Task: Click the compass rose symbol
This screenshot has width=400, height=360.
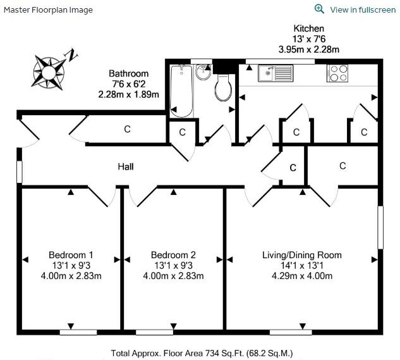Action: pos(49,73)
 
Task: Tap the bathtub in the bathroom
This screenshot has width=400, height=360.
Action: pos(181,91)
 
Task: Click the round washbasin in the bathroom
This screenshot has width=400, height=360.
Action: pos(203,71)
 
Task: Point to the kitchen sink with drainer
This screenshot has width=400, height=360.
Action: pos(276,73)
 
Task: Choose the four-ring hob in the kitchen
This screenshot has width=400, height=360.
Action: pos(337,73)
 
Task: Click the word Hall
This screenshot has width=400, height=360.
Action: pos(126,167)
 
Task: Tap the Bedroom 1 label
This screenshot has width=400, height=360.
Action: pos(71,255)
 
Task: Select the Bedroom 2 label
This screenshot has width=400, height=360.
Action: pos(173,255)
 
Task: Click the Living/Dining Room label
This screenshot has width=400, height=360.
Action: pos(302,255)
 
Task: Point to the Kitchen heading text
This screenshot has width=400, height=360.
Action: pos(308,28)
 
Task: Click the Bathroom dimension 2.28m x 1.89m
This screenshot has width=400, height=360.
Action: pos(128,94)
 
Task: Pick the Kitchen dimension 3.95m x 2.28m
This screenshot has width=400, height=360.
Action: pos(308,49)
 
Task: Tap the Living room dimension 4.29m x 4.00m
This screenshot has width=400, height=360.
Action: pos(302,276)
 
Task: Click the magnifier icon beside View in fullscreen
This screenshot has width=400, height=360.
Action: pos(319,9)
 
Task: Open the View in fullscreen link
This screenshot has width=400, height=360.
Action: pos(363,10)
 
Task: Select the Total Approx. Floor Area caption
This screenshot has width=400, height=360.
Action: pos(202,354)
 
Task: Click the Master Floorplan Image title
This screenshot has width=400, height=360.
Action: pos(48,10)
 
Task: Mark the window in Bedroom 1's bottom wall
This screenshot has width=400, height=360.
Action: pos(78,332)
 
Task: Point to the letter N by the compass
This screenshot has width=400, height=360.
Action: pos(71,55)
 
